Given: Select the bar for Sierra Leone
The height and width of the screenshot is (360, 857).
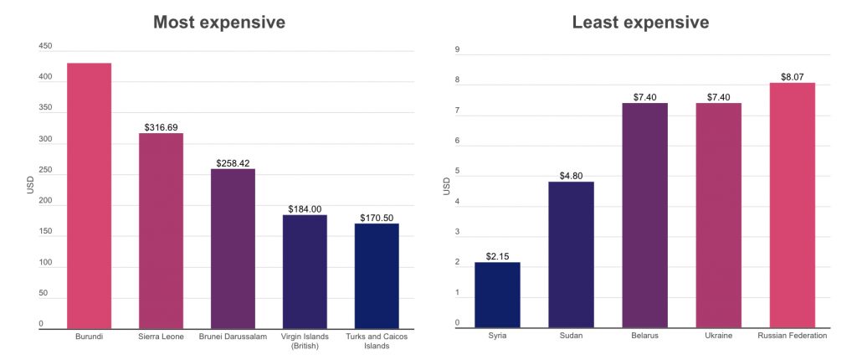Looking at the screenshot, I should tap(161, 230).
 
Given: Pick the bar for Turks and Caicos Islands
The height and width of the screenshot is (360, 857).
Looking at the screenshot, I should tap(377, 275).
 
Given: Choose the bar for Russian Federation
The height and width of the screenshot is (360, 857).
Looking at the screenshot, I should tap(792, 205).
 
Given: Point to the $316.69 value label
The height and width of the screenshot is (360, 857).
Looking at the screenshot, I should tap(161, 127).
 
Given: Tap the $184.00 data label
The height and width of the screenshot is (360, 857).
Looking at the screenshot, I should tap(305, 208).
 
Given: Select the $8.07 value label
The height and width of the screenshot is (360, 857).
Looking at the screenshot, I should tap(792, 76).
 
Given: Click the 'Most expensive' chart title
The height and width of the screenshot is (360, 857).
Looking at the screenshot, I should tap(218, 23).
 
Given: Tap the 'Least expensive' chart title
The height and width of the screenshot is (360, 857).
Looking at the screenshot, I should tap(640, 23).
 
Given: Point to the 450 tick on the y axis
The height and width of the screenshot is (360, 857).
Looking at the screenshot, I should tap(45, 46).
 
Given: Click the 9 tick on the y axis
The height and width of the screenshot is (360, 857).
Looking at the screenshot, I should tap(457, 49).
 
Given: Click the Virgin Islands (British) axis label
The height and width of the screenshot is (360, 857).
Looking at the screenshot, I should tap(305, 340).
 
